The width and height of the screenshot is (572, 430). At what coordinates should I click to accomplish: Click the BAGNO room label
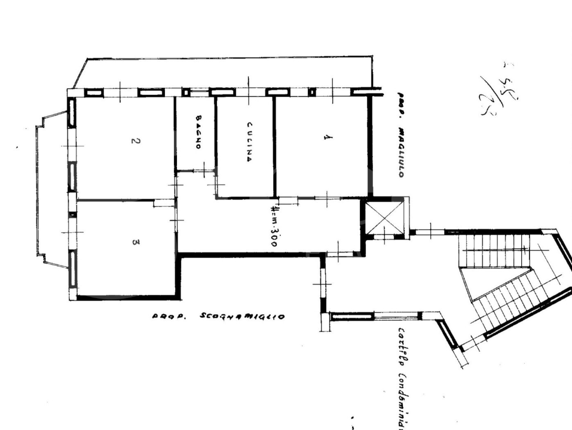pos(198,132)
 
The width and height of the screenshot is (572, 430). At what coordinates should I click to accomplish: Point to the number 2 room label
pos(135,142)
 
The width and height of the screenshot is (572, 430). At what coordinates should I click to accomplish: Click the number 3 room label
pos(135,242)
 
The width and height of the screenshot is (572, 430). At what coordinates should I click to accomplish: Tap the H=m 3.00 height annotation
pos(273,226)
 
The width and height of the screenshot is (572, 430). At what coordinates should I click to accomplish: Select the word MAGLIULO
pos(402,152)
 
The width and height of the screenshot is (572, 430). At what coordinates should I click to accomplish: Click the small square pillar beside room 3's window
pos(72,214)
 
